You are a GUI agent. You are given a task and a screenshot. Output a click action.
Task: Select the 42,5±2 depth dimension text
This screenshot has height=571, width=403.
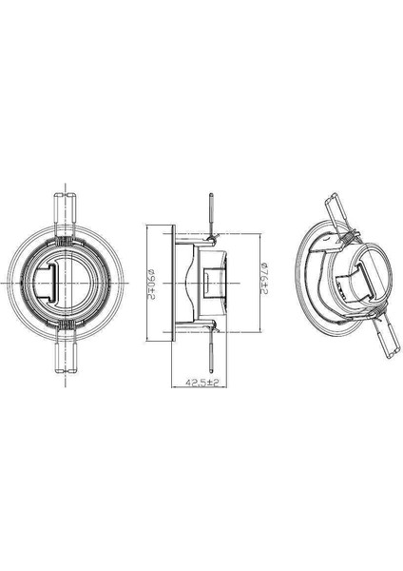click(x=201, y=382)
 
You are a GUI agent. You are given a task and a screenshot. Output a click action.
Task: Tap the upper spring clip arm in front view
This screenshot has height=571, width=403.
click(x=65, y=210)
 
